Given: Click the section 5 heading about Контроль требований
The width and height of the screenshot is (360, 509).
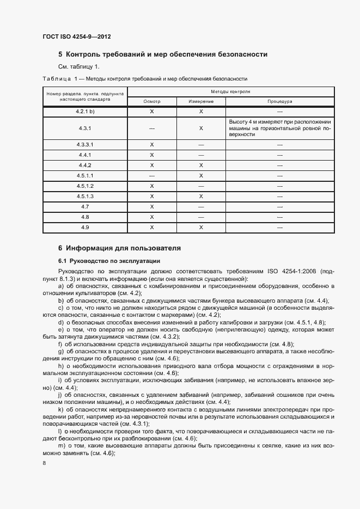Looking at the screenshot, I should [x=163, y=54].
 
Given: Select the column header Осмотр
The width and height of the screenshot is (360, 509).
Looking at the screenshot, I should [x=152, y=102].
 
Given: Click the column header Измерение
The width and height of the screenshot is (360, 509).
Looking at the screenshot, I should [x=201, y=102].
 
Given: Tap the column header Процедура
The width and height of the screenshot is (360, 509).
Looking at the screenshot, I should [x=280, y=102].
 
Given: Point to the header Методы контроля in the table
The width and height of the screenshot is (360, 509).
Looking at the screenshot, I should [x=230, y=91].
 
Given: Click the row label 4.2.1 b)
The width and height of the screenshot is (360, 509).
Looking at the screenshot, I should [x=85, y=111].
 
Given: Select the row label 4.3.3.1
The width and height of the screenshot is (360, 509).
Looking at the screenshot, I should [x=85, y=144].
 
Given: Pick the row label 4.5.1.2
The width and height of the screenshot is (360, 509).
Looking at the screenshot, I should [x=85, y=186].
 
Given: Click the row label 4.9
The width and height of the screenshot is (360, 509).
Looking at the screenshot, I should [x=85, y=227].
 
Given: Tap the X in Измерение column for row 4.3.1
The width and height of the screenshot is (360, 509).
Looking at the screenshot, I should [x=201, y=128].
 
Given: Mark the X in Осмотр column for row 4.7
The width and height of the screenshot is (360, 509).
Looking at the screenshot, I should [x=152, y=206].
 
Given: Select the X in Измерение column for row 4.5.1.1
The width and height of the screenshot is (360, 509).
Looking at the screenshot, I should [x=201, y=175].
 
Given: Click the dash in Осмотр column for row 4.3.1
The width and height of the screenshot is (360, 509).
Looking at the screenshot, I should [x=152, y=128].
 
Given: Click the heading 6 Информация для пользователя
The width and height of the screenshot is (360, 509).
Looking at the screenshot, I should [x=119, y=248].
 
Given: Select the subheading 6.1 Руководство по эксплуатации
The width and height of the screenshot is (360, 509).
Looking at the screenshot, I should [x=109, y=261].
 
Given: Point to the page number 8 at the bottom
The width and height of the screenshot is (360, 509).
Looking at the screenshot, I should [x=44, y=463].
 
